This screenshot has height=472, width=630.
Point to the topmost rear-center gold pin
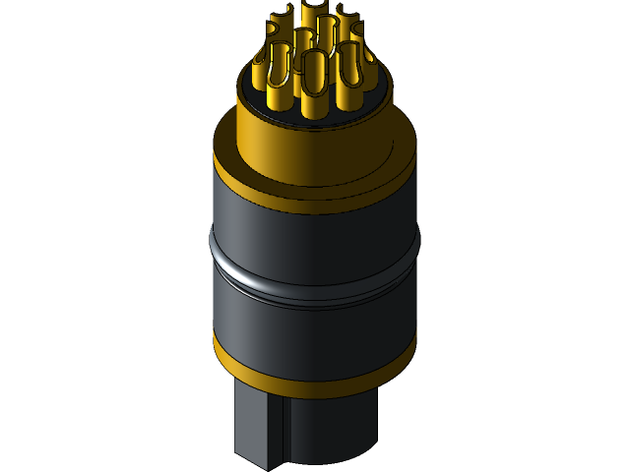pos(313,14)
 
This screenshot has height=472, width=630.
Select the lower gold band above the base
pos(315,379)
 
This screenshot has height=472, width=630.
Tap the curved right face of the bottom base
pos(335,428)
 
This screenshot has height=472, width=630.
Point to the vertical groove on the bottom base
pos(284,433)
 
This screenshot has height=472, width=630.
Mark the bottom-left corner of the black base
pos(237,454)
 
